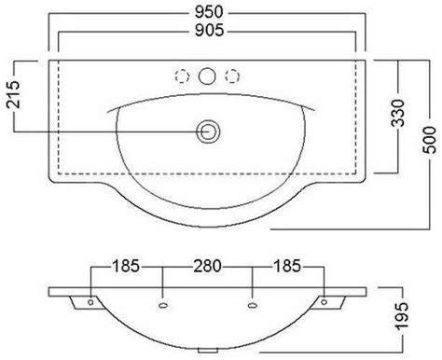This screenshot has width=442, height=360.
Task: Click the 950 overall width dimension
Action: tap(209, 12)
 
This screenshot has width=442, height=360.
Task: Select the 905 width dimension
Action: tap(209, 31)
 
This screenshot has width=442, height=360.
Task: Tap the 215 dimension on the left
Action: tap(13, 95)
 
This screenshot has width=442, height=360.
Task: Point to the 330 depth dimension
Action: tap(398, 113)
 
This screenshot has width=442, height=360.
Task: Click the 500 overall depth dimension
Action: tap(429, 140)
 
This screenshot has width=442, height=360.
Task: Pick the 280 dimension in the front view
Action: tap(207, 267)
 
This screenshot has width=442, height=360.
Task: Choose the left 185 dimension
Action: tap(126, 267)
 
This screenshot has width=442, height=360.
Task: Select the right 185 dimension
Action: tap(287, 267)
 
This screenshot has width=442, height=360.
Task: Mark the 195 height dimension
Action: tap(401, 316)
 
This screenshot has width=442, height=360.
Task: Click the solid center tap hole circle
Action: tap(207, 76)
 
